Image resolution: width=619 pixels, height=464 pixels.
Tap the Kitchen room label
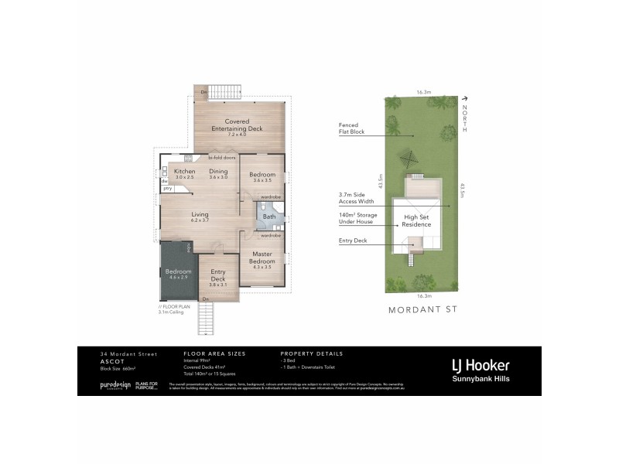[x=183, y=172]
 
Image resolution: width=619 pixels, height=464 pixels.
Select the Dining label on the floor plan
[x=218, y=172]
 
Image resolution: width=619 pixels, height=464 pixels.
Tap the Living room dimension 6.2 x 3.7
[x=200, y=220]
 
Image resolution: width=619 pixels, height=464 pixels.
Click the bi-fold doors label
[x=221, y=158]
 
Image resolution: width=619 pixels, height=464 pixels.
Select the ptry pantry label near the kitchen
[x=166, y=188]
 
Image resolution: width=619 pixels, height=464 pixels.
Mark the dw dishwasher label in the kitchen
[x=165, y=180]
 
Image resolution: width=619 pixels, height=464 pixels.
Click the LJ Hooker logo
[x=491, y=363]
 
